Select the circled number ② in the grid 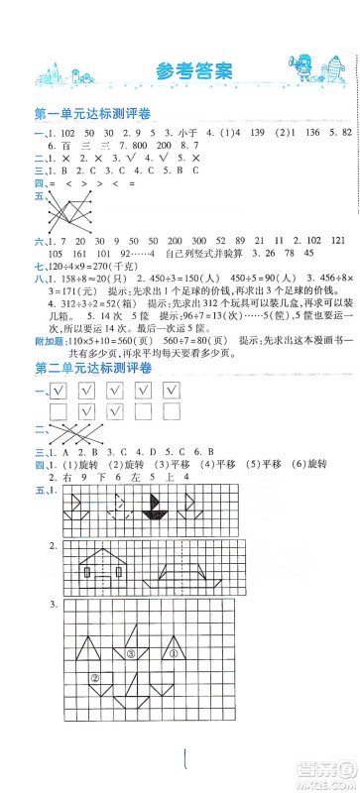[x=95, y=679]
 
